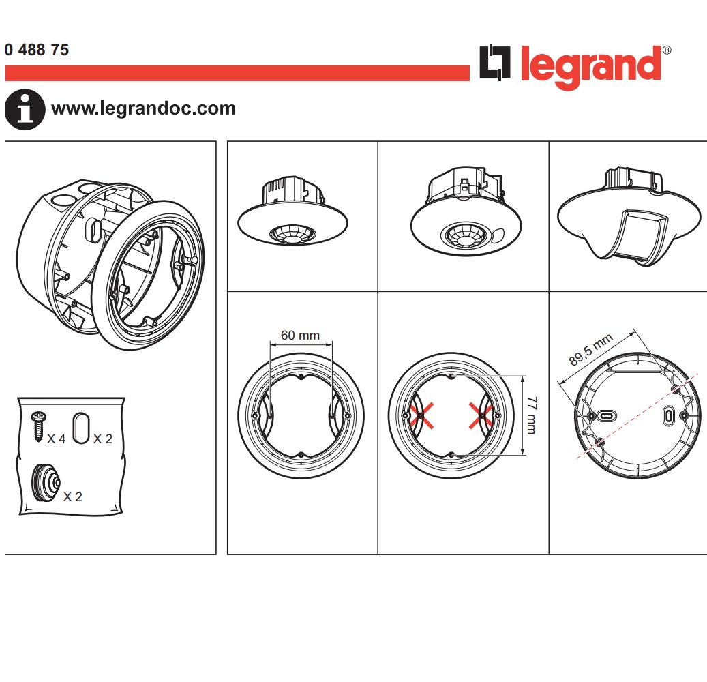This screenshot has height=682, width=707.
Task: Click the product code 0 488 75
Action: click(37, 50)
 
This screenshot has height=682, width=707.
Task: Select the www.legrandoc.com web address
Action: click(143, 108)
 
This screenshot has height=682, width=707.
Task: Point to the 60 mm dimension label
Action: click(301, 336)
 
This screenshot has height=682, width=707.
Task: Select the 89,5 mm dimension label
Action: click(591, 351)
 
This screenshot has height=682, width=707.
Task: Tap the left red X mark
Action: click(421, 415)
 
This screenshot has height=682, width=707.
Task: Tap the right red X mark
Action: click(482, 415)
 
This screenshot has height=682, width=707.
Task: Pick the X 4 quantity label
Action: click(57, 439)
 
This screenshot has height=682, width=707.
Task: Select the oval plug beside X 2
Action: click(81, 427)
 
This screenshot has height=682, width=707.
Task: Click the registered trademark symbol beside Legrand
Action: click(667, 50)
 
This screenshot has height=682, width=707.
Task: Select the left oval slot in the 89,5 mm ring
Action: click(606, 415)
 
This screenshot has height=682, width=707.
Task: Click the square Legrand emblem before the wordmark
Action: click(496, 63)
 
